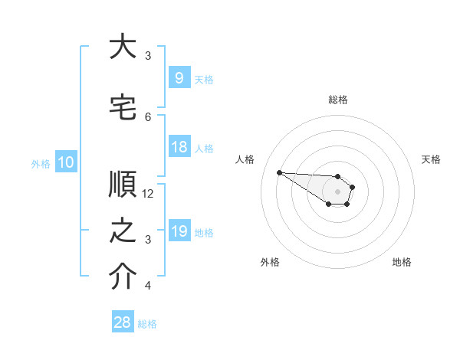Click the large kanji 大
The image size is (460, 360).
pyautogui.click(x=123, y=45)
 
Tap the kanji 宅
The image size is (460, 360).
pyautogui.click(x=123, y=107)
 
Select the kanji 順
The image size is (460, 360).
pyautogui.click(x=123, y=184)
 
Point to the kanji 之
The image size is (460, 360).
pyautogui.click(x=123, y=231)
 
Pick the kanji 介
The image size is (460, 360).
pyautogui.click(x=123, y=276)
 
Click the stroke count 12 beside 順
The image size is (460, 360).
pyautogui.click(x=147, y=194)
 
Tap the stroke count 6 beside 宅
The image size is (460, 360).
pyautogui.click(x=148, y=117)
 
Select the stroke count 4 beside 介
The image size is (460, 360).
pyautogui.click(x=148, y=285)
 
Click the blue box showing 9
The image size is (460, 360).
pyautogui.click(x=179, y=77)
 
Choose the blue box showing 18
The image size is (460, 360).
pyautogui.click(x=179, y=146)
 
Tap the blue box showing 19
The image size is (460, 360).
pyautogui.click(x=179, y=230)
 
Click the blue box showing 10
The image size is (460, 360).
pyautogui.click(x=66, y=162)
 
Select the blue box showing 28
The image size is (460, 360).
pyautogui.click(x=123, y=321)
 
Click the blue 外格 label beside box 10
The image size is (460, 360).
pyautogui.click(x=41, y=164)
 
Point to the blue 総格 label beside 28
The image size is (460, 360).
pyautogui.click(x=147, y=324)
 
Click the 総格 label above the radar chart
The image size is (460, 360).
pyautogui.click(x=338, y=100)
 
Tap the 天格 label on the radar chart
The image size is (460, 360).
pyautogui.click(x=431, y=159)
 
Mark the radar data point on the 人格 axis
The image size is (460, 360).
pyautogui.click(x=280, y=172)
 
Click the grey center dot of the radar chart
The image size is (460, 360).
pyautogui.click(x=337, y=191)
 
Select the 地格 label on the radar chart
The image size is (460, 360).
pyautogui.click(x=402, y=262)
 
